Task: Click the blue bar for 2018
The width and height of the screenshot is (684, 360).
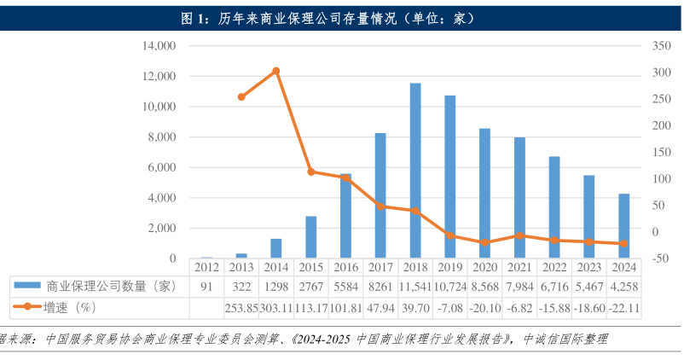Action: tap(415, 171)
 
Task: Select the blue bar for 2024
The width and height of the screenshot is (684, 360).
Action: tap(624, 226)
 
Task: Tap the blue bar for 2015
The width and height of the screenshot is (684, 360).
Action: tap(311, 237)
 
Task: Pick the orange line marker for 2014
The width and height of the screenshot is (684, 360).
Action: tap(276, 71)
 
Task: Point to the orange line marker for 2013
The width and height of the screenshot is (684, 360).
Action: tap(241, 97)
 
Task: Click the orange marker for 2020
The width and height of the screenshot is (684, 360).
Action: tap(485, 242)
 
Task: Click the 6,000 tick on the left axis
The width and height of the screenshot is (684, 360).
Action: tap(162, 167)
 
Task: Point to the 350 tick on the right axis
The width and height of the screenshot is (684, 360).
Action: tap(657, 46)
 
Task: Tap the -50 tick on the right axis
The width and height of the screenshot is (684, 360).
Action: tap(657, 258)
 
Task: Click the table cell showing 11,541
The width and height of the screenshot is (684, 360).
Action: tap(415, 287)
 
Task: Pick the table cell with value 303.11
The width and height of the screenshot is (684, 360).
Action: tap(276, 306)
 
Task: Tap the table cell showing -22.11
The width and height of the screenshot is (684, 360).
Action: tap(624, 306)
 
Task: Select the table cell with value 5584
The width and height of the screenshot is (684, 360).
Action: tap(346, 287)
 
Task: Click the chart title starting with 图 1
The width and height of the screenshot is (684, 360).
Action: tap(341, 17)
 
